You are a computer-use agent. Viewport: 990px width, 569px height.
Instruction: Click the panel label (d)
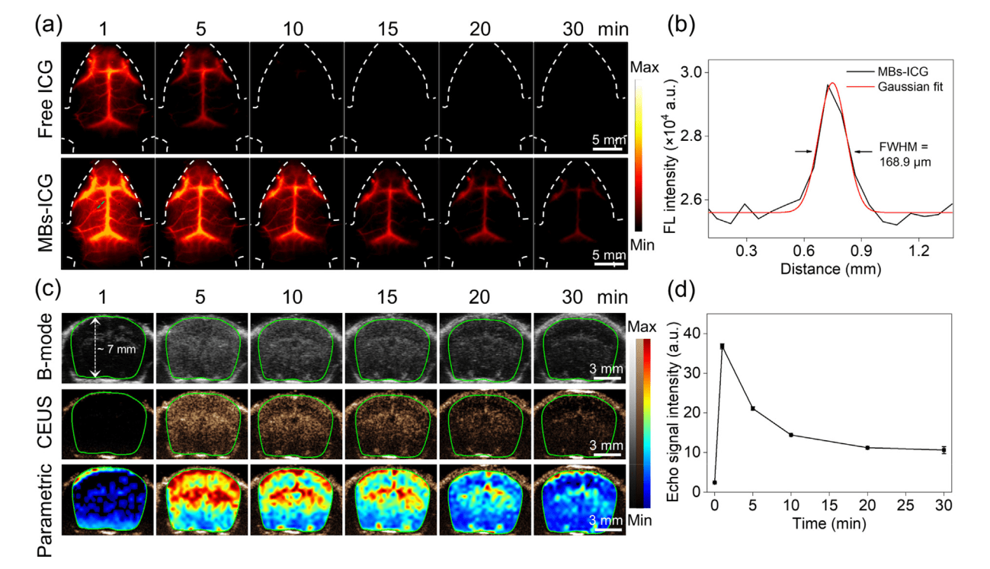681,291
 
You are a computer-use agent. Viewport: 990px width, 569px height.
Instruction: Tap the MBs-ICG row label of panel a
46,212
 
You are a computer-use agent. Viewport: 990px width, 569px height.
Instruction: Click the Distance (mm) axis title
831,269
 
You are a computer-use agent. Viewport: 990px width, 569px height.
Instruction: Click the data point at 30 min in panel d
944,450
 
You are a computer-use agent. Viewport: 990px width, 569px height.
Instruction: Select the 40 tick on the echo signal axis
694,334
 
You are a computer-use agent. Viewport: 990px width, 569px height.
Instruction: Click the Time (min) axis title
829,524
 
